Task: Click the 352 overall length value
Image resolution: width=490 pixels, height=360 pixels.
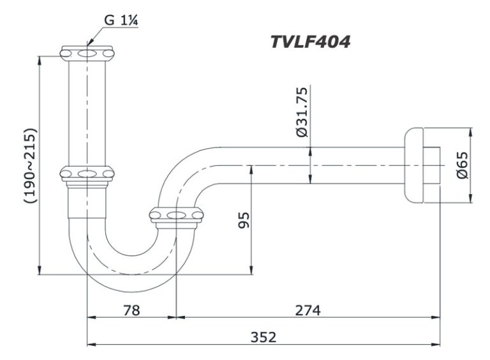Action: (263, 337)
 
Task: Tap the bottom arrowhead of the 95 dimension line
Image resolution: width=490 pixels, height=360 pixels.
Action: (252, 271)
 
